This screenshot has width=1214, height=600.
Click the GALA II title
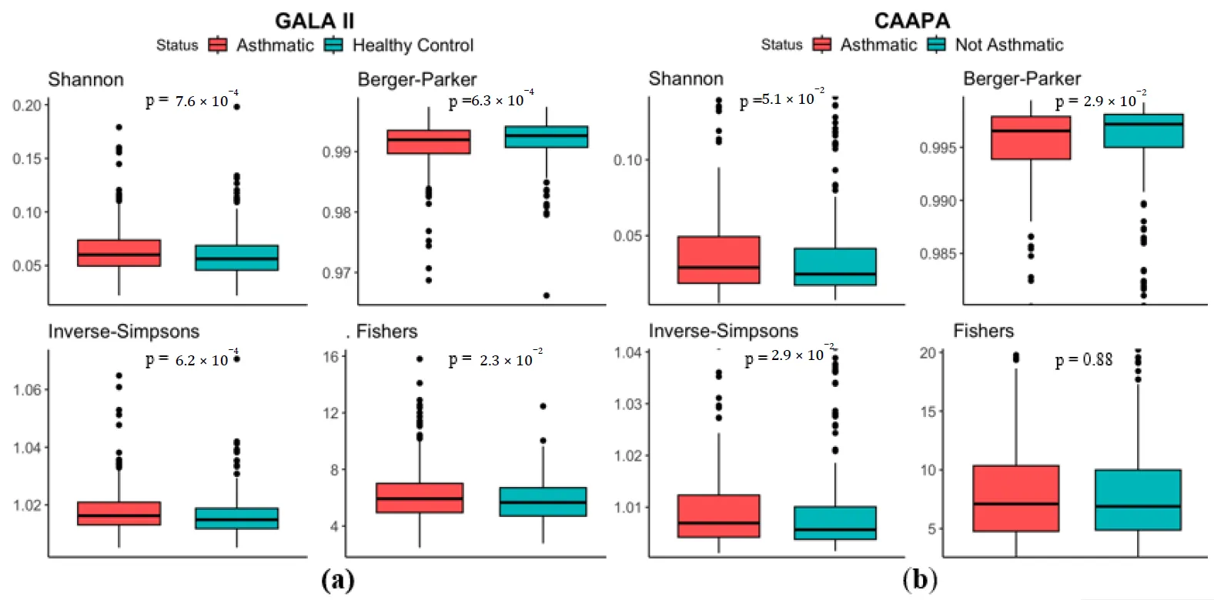coord(315,21)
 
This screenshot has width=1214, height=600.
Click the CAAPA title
coord(911,21)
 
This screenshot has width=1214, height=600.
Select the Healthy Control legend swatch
coord(333,45)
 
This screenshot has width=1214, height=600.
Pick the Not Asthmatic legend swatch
coord(936,45)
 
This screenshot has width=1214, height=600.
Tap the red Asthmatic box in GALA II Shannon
coord(119,253)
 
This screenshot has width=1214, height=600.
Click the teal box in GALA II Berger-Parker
coord(546,137)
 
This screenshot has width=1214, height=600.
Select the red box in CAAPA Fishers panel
coord(1015,498)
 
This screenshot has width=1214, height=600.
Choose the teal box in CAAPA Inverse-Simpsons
coord(834,522)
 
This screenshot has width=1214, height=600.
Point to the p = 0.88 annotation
coord(1084,360)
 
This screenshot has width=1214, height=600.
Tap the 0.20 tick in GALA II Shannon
coord(27,105)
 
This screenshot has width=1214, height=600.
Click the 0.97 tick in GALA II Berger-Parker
coord(336,273)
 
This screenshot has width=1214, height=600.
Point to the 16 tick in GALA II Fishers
coord(330,357)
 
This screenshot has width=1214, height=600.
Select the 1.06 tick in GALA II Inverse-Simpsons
coord(27,390)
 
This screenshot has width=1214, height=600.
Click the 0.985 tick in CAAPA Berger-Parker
coord(938,254)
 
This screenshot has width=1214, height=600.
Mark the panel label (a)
coord(338,579)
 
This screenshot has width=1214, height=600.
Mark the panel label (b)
coord(920,579)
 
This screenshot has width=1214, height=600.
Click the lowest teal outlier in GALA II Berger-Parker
coord(546,295)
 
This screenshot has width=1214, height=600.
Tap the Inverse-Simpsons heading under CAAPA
coord(723,331)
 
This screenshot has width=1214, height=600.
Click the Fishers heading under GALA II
coord(386,332)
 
